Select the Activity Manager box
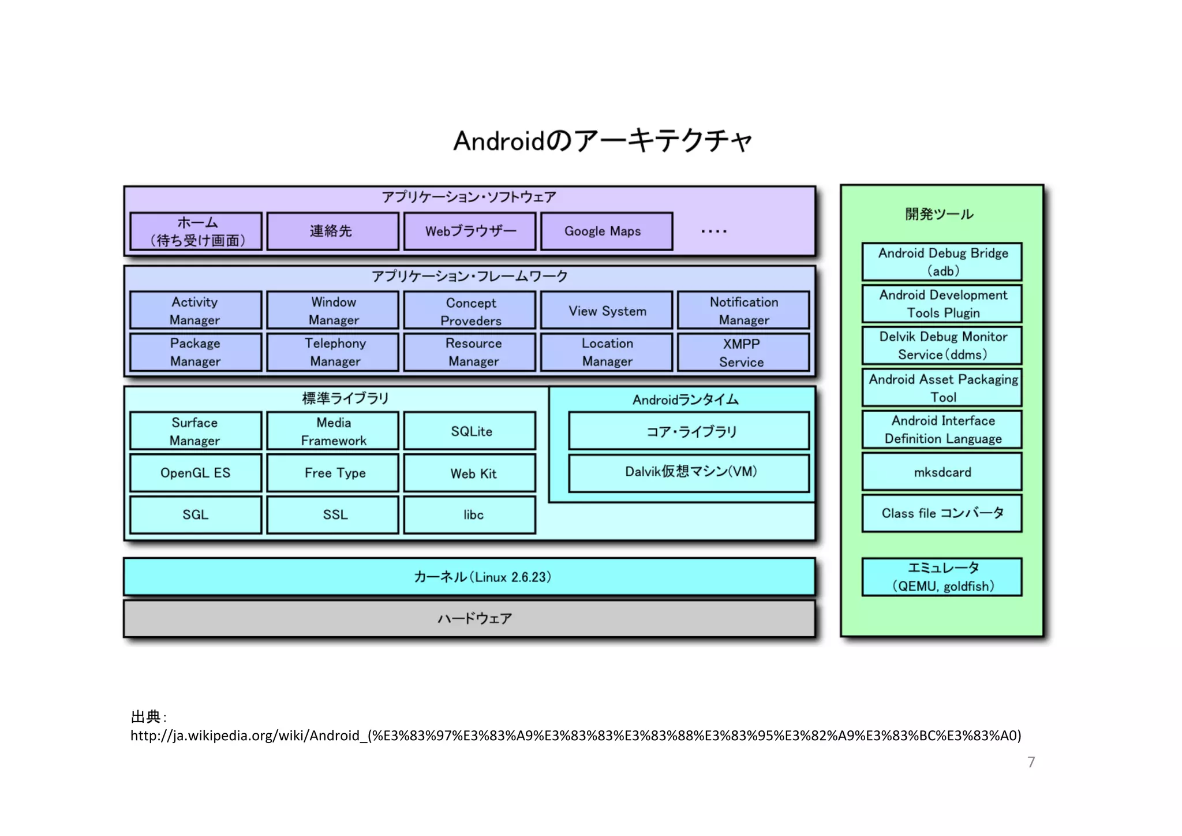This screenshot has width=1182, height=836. click(x=195, y=310)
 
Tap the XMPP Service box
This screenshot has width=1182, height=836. click(x=743, y=352)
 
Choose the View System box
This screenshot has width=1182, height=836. click(x=607, y=311)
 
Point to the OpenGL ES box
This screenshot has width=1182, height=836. click(x=195, y=473)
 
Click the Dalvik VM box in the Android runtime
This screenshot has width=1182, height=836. click(x=689, y=472)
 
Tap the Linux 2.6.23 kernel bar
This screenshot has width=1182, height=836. click(x=469, y=577)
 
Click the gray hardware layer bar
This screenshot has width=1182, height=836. click(x=469, y=618)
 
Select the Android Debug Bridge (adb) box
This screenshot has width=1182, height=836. click(x=942, y=262)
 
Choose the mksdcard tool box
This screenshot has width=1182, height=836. click(x=942, y=472)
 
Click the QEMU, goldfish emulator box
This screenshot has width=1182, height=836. click(x=942, y=577)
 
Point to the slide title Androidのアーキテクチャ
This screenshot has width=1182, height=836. click(x=603, y=140)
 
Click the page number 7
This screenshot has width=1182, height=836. click(x=1031, y=762)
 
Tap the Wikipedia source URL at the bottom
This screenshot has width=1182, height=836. click(x=575, y=736)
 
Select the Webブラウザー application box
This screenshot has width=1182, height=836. click(x=470, y=231)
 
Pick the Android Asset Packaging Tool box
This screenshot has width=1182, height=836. click(x=942, y=388)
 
